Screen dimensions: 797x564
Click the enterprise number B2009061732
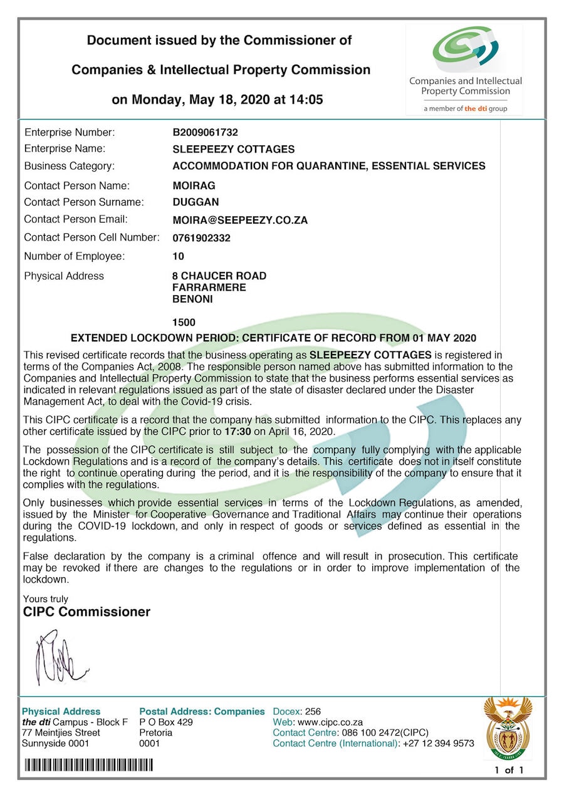[x=205, y=132]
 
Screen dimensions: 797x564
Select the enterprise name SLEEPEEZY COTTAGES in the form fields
[x=233, y=149]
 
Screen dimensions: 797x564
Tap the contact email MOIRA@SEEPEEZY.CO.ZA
[x=240, y=220]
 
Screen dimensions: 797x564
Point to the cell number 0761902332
[x=201, y=238]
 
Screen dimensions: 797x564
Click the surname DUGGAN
[x=196, y=202]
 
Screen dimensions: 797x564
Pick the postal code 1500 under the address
[x=184, y=323]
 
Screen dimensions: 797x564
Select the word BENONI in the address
[x=192, y=299]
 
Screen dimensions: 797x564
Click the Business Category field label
[x=69, y=166]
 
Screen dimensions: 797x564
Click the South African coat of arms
[x=508, y=727]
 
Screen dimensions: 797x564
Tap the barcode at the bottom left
[x=88, y=765]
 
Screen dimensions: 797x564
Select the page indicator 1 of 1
[x=508, y=770]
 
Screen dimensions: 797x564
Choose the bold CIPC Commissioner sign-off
[x=86, y=612]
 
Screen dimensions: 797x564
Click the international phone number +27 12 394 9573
[x=438, y=744]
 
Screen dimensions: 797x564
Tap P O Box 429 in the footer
[x=166, y=722]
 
